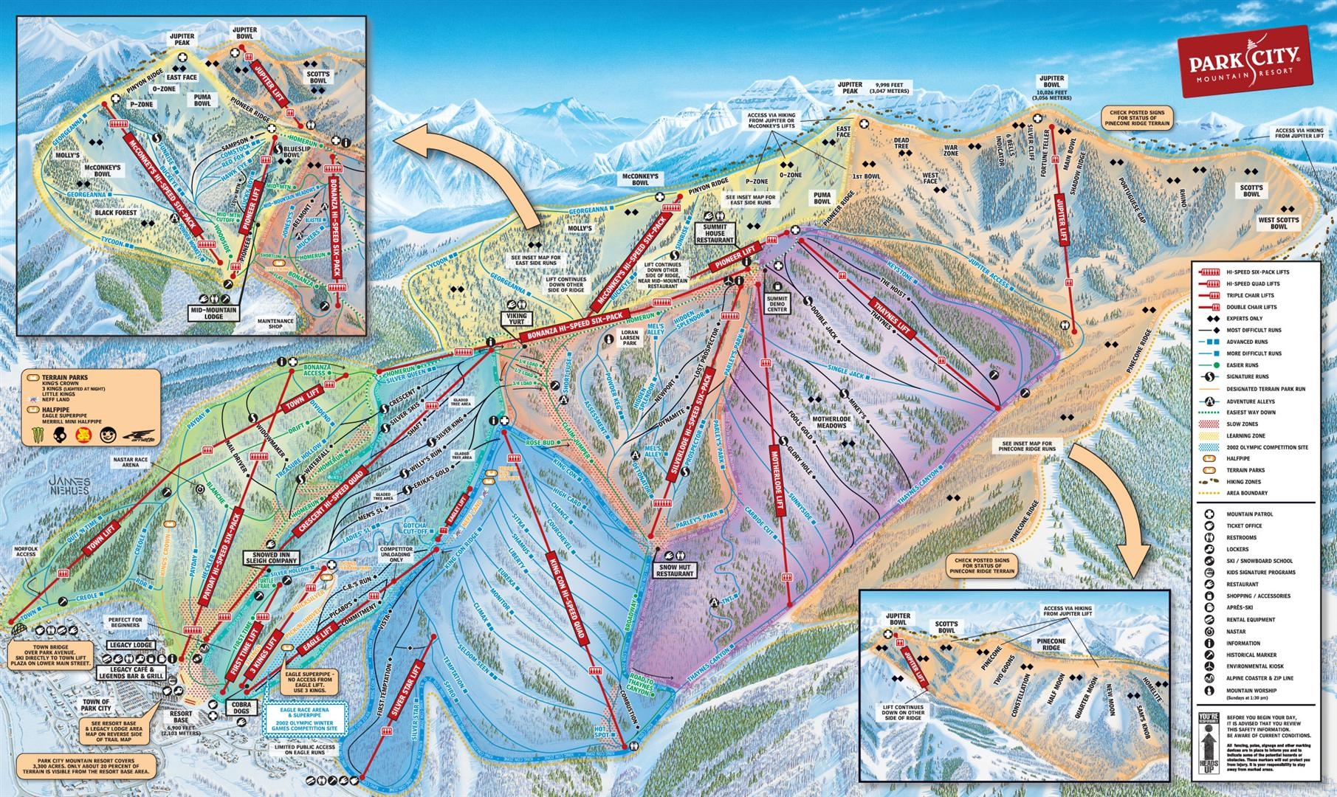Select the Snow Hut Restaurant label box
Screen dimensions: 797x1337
pyautogui.click(x=675, y=568)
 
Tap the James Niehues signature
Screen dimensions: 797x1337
pyautogui.click(x=71, y=486)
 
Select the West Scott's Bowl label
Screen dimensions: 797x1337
pyautogui.click(x=1278, y=223)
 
